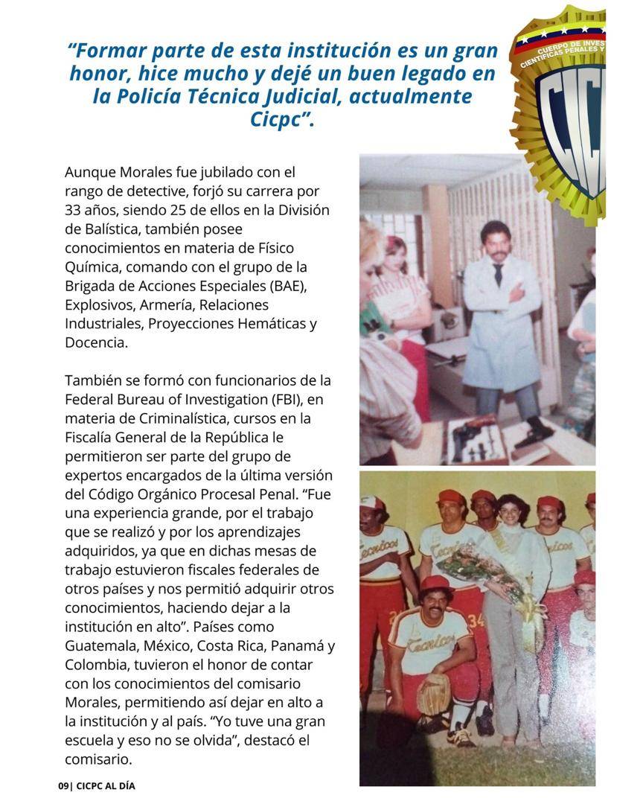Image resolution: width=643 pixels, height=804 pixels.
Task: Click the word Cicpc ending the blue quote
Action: pos(282,120)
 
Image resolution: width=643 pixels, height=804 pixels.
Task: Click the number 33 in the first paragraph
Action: pos(75,210)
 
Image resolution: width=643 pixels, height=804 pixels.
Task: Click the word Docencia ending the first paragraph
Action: pos(96,342)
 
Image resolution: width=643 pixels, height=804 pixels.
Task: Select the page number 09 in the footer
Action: pos(63,786)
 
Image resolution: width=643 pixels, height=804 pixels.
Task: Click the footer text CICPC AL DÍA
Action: pos(106,786)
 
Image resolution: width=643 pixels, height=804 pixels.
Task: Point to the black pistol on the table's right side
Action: pos(537,432)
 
